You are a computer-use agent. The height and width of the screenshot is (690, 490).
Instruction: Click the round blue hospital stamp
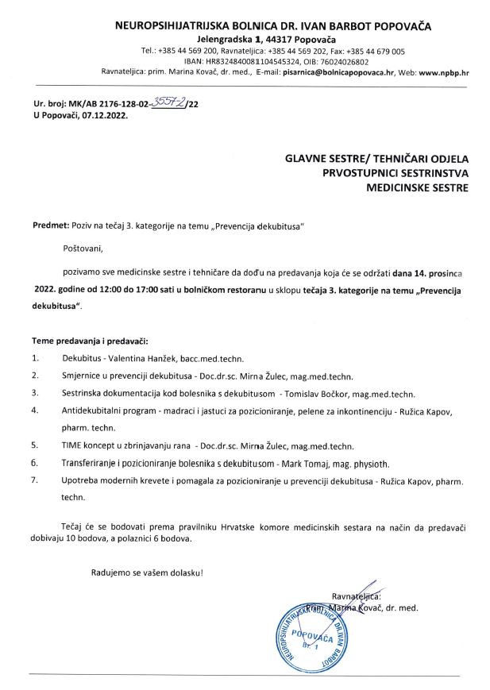coord(311,633)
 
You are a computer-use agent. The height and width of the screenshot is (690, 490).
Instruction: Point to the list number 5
coord(34,445)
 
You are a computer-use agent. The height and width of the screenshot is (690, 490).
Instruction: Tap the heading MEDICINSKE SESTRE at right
coord(417,188)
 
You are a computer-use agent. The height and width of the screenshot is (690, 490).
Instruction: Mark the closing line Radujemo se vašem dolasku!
coord(147,572)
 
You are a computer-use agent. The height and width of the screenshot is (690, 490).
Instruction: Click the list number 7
coord(34,480)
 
